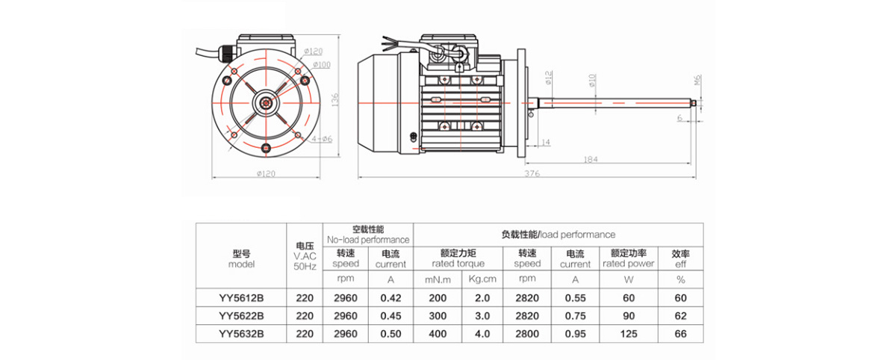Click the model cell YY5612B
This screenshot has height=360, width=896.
241,297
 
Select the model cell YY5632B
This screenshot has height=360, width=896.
241,334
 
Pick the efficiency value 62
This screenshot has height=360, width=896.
680,315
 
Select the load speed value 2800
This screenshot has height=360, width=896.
527,334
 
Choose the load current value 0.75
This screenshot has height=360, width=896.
575,315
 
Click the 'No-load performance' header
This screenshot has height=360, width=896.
367,240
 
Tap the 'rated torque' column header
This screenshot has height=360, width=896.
458,264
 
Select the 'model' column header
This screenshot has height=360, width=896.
241,264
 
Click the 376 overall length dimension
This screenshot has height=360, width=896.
531,173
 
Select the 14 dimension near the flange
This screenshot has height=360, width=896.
545,141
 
